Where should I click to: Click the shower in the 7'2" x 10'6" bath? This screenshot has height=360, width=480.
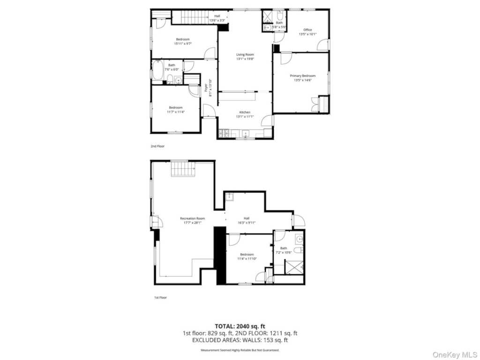click(296, 268)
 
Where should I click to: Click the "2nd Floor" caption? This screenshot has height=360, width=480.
click(157, 146)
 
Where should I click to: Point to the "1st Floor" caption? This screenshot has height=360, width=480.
click(160, 298)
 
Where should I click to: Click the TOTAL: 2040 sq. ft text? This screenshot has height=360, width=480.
click(240, 326)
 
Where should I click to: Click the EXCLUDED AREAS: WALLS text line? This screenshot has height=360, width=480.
click(240, 341)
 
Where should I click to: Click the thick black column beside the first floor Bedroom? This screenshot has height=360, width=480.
click(219, 255)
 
